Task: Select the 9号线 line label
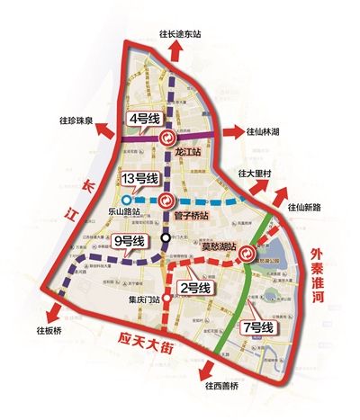[x=129, y=241]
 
